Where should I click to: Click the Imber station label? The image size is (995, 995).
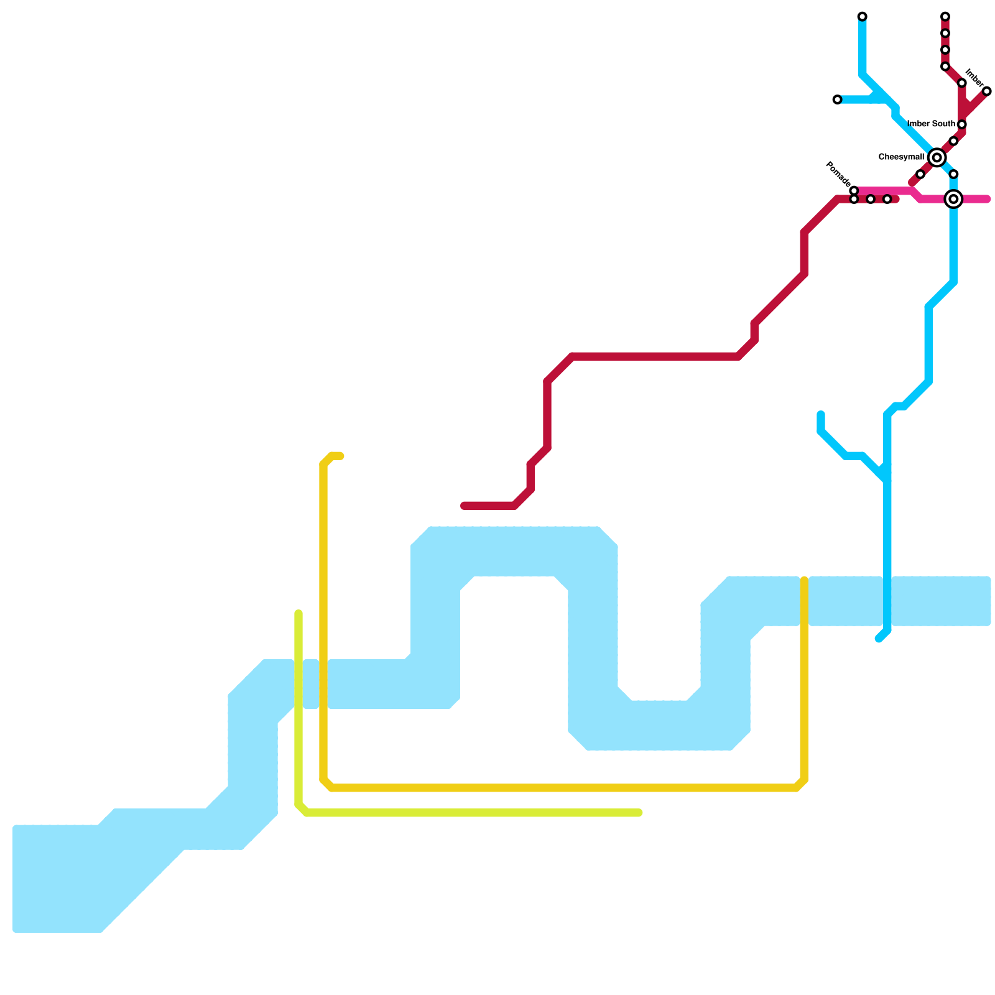tap(974, 78)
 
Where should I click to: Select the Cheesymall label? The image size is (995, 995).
tap(901, 157)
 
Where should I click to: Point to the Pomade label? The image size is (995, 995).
tap(837, 174)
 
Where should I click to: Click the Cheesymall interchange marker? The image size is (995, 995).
tap(937, 158)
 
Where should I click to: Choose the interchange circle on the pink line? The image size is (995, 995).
tap(953, 199)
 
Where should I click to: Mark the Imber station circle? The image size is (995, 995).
tap(986, 91)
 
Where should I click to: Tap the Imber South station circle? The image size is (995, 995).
tap(961, 125)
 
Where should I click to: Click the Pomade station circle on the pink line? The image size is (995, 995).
tap(854, 190)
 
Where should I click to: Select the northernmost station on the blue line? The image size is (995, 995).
tap(862, 17)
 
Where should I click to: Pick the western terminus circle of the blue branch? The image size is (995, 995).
tap(837, 99)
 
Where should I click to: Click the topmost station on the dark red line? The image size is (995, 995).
tap(945, 17)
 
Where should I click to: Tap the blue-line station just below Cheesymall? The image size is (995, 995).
tap(953, 174)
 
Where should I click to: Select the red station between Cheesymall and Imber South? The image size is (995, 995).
tap(953, 141)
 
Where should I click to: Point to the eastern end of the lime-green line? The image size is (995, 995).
tap(639, 813)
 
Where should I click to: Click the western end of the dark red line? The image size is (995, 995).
tap(464, 506)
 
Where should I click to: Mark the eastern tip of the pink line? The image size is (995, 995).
tap(987, 200)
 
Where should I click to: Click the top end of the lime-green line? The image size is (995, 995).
tap(298, 614)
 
